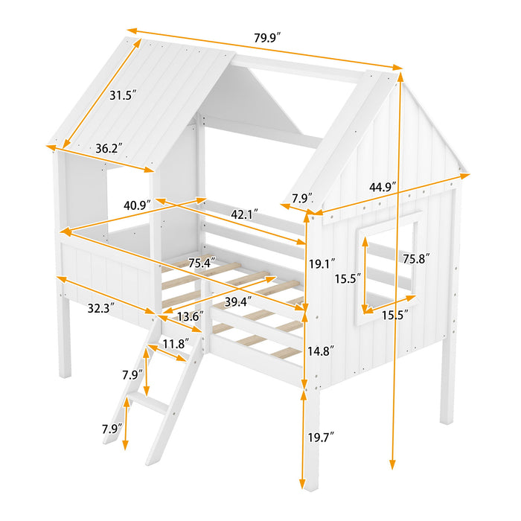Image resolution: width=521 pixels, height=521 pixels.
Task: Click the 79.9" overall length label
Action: coord(267,36)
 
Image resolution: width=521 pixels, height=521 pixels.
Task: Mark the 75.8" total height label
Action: coord(415,259)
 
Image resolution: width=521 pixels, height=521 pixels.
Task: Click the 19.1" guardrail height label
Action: coord(322,263)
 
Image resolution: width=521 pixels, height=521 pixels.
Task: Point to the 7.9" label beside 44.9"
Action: coord(301,198)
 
